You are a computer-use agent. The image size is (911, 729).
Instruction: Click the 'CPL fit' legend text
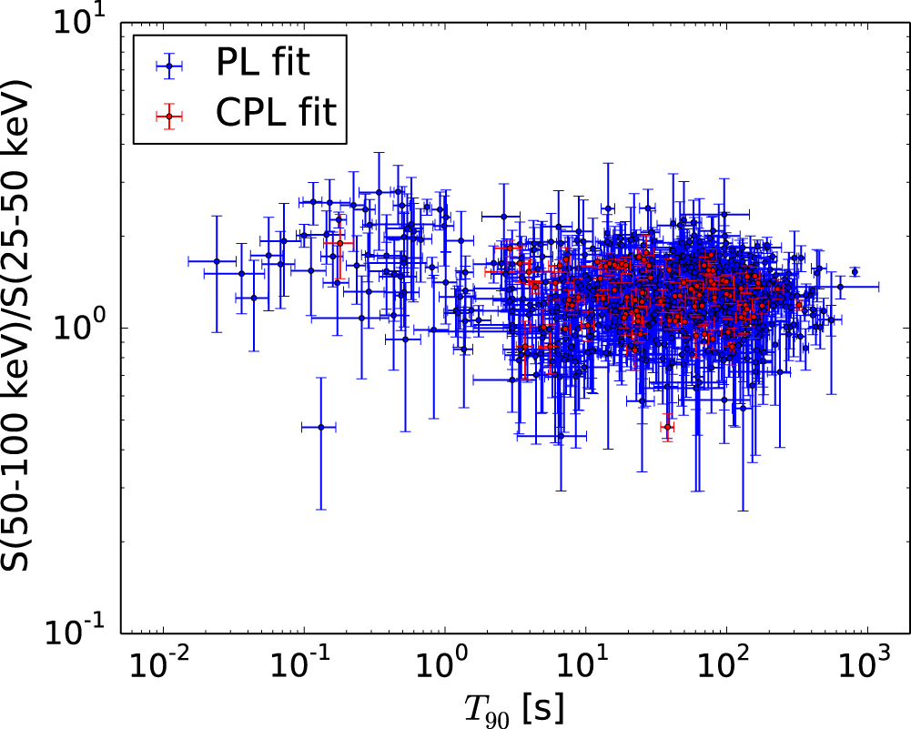276,114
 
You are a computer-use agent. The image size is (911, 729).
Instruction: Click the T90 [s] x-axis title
514,705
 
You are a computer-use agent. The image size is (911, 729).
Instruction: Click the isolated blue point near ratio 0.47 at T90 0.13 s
320,426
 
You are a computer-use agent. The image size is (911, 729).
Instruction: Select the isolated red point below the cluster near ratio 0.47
667,426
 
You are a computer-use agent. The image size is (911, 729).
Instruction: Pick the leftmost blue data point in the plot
217,261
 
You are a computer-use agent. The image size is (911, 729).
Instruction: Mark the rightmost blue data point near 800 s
855,271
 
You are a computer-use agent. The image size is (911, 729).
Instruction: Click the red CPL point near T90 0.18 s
339,243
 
